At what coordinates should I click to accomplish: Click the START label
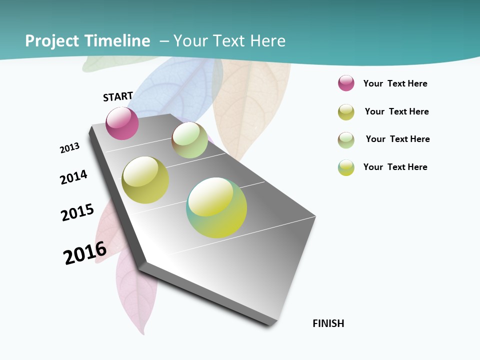click(118, 96)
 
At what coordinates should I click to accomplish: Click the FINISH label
click(328, 323)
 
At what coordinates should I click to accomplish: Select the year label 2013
click(69, 148)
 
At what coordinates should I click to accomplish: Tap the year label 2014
click(73, 177)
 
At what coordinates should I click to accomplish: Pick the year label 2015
click(77, 212)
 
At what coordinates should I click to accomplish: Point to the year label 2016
click(85, 252)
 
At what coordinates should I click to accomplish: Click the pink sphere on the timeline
click(122, 123)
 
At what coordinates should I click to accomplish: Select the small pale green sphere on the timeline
click(189, 140)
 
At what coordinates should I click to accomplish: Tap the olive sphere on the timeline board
click(145, 180)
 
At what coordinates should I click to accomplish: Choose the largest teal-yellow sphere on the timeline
click(216, 207)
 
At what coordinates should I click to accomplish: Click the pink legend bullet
click(346, 83)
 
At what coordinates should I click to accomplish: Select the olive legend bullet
click(346, 112)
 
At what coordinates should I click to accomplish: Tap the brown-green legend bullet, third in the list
click(346, 140)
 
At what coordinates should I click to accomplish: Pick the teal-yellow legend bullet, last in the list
click(346, 167)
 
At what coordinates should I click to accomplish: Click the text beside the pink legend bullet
click(395, 83)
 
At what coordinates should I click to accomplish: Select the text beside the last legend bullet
click(395, 167)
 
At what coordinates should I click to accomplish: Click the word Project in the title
click(52, 41)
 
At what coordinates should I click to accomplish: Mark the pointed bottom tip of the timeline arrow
click(270, 325)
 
